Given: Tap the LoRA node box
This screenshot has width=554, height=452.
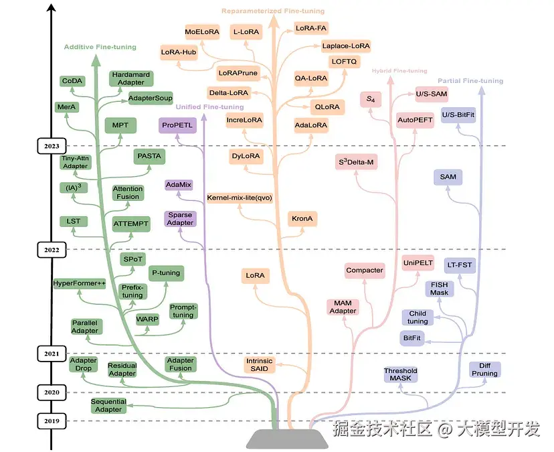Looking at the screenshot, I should tap(255, 275).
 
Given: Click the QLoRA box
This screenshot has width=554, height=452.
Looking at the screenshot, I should tap(326, 106).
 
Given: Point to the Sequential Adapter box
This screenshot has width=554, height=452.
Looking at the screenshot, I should tap(108, 405).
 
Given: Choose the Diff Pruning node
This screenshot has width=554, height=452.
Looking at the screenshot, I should tap(485, 369).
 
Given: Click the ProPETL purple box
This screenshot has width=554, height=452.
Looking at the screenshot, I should tap(177, 125).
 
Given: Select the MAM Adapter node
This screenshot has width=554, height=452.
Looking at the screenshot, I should tap(343, 307).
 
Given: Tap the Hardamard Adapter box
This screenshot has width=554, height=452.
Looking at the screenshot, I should tap(131, 78).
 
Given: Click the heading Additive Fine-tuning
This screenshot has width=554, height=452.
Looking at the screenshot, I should tap(100, 47).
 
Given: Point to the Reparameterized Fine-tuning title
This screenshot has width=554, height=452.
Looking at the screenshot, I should tap(273, 11).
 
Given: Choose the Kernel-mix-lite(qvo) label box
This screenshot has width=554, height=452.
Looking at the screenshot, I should tap(240, 198).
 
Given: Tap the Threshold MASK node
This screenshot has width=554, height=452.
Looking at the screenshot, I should tap(400, 374).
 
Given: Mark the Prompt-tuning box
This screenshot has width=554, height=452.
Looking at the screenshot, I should tap(183, 311).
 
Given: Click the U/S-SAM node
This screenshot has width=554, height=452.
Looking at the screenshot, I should tap(432, 93).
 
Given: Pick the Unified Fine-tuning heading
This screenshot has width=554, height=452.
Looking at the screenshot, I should tap(209, 106).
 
